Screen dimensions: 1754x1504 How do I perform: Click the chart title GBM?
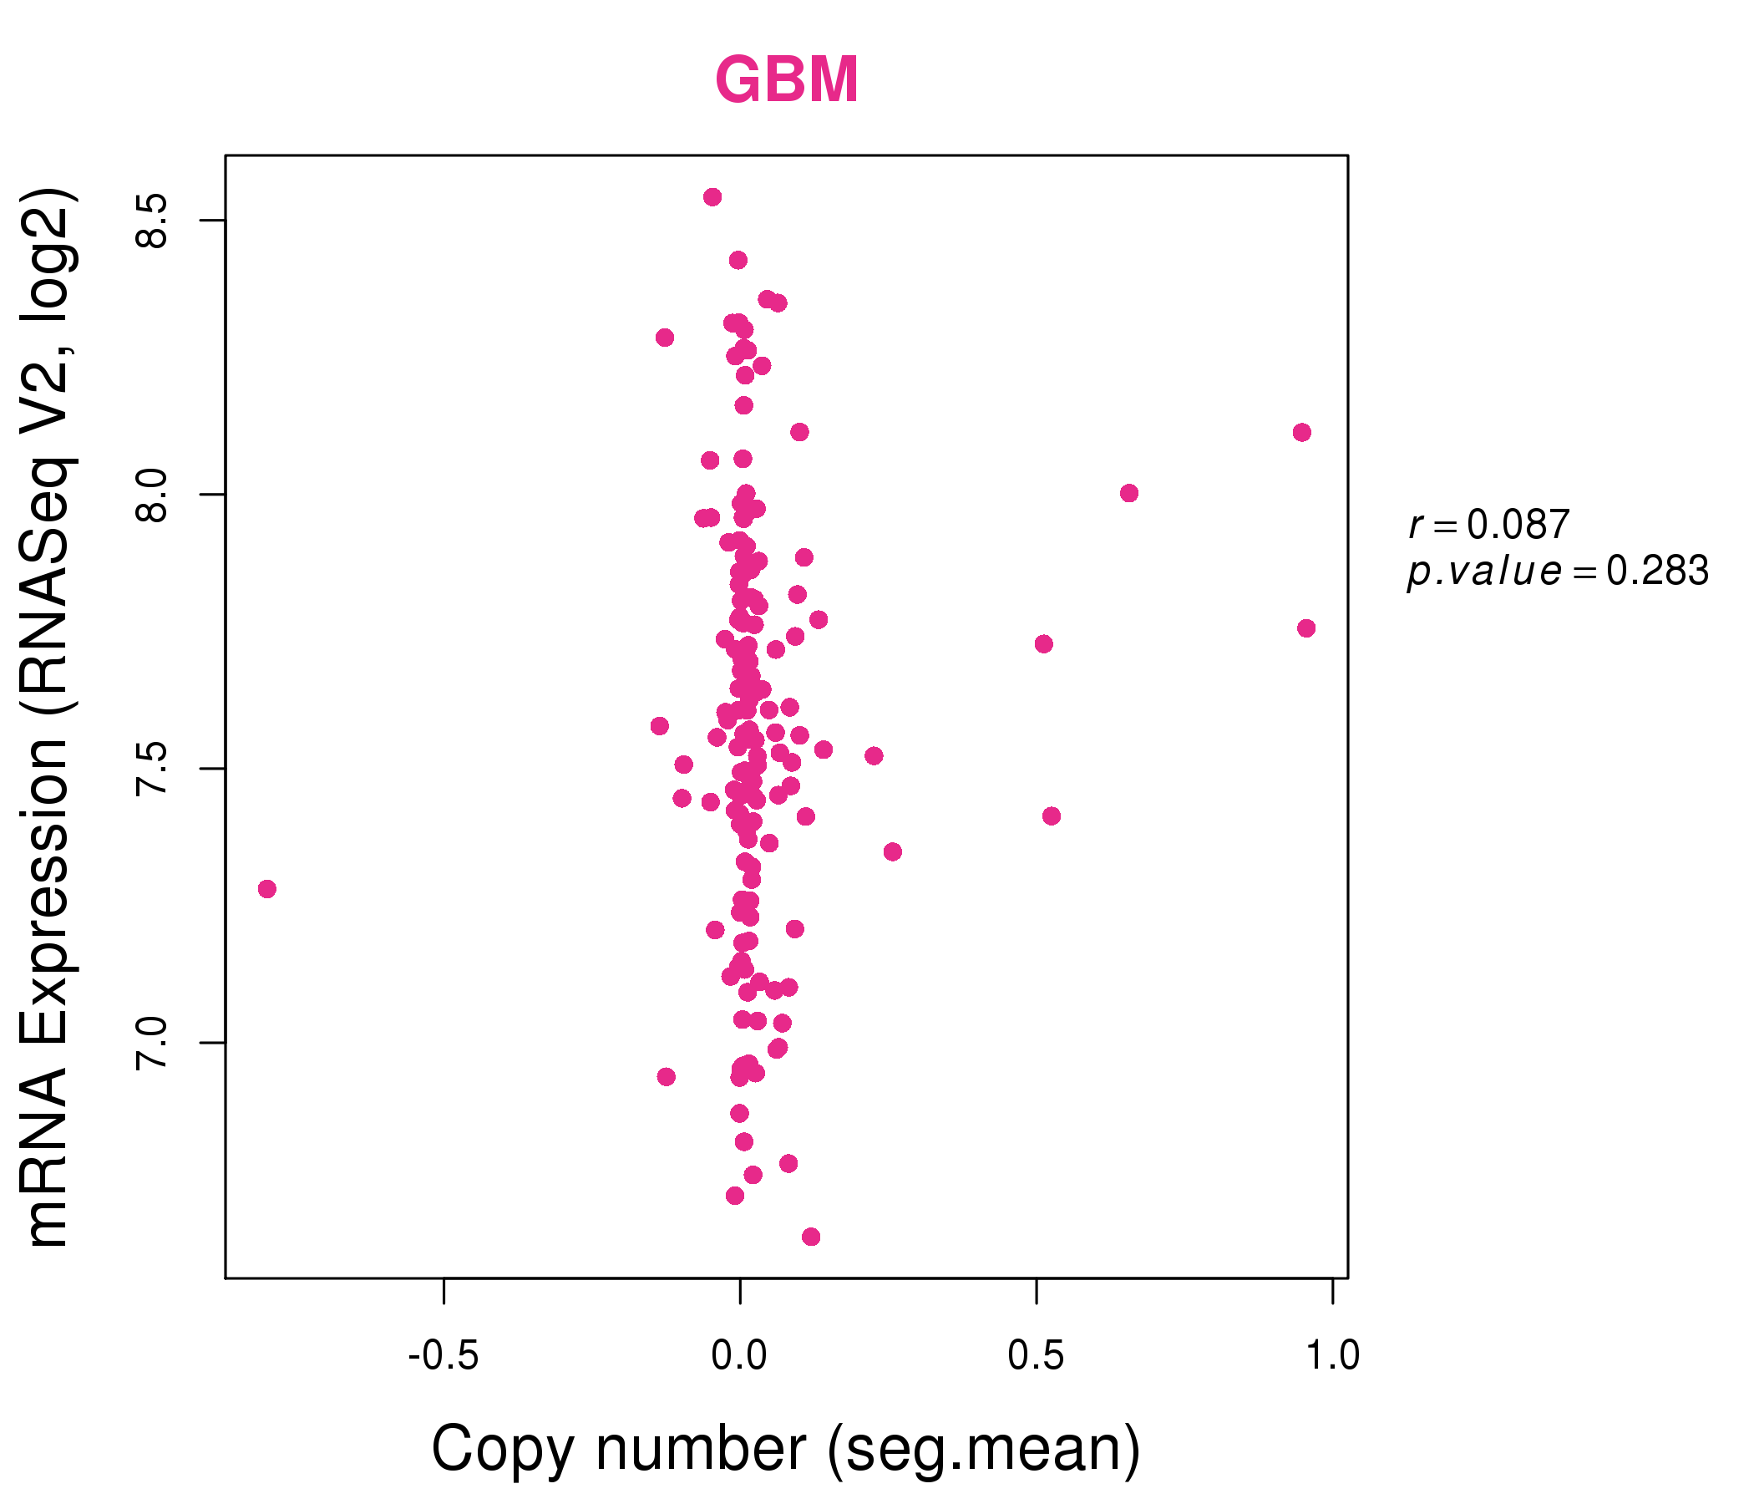(787, 80)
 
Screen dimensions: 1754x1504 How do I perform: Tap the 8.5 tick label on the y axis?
(152, 221)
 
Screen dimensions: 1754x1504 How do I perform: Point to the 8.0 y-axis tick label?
(152, 495)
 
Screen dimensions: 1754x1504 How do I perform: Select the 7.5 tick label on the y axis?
(152, 769)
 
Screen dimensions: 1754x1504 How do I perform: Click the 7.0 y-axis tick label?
(152, 1044)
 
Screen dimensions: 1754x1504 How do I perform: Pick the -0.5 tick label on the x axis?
(444, 1356)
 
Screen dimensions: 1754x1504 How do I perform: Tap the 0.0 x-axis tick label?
(739, 1356)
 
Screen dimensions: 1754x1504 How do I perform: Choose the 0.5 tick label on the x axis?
(1036, 1356)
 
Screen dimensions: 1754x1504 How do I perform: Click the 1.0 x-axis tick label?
(1332, 1356)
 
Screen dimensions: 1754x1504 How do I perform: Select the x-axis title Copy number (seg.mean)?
(787, 1450)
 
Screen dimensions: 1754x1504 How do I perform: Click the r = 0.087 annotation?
(1488, 525)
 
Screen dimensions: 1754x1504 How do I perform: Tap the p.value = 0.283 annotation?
(1558, 572)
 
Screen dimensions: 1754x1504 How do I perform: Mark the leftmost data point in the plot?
(267, 889)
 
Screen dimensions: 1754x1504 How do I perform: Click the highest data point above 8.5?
(712, 197)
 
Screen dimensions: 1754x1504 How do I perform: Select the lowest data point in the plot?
(811, 1237)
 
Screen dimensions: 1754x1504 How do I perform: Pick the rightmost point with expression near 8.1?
(1302, 433)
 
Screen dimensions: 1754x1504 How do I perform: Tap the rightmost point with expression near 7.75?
(1306, 628)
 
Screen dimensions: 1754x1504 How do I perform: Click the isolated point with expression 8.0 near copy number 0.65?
(1129, 493)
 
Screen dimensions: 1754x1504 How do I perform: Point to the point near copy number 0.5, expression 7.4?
(1052, 816)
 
